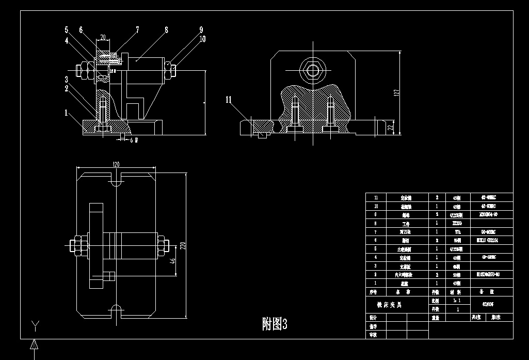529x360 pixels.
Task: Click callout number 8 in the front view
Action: tap(166, 30)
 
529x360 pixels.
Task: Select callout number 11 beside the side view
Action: tap(229, 100)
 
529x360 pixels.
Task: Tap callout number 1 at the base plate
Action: tap(66, 112)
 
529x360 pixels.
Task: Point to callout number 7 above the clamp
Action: tap(137, 30)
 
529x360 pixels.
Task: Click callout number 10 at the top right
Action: tap(202, 39)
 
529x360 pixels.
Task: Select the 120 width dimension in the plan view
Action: tap(116, 164)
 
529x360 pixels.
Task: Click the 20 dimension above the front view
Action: tap(103, 38)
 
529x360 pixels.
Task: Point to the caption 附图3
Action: tap(274, 324)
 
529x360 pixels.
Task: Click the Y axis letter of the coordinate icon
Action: tap(35, 325)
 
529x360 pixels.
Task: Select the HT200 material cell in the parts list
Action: tap(456, 223)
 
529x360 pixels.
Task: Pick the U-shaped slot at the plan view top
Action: tap(116, 180)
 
